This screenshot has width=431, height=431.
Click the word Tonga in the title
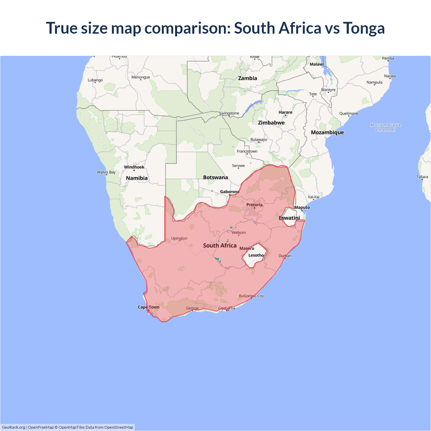coord(364,28)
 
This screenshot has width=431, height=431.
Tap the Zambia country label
coord(247,78)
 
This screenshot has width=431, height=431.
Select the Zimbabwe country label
coord(271,123)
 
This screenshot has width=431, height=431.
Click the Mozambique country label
coord(327,133)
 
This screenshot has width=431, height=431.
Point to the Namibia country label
coord(137,178)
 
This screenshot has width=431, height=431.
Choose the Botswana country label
coord(215,177)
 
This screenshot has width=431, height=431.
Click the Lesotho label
coord(256,255)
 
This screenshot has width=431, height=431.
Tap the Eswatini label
coord(289,218)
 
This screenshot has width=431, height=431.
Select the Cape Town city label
coord(148,307)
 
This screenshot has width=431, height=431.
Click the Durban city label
coord(285,256)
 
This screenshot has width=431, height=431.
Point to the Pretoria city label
coord(254,205)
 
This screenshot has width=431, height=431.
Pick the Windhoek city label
coord(134,167)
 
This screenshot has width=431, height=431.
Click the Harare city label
coord(285,112)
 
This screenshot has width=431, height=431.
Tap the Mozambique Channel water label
coord(386,127)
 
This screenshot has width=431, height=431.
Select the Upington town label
coord(179,238)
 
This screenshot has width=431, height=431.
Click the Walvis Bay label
coord(106,172)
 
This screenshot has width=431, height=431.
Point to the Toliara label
coord(422,177)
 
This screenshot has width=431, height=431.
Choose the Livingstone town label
coord(229,113)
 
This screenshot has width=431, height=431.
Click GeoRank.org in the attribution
coord(13,427)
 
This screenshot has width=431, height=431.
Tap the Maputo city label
coord(302,208)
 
